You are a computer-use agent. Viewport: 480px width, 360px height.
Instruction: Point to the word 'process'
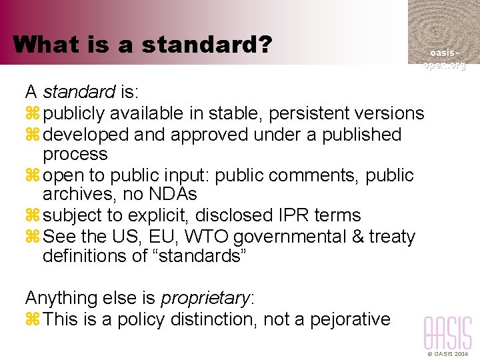pos(75,155)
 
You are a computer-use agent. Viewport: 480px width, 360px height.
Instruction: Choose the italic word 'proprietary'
pos(204,297)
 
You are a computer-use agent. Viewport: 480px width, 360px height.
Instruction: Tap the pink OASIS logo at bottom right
pos(447,333)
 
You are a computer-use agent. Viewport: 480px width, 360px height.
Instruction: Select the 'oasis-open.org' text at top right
pos(444,59)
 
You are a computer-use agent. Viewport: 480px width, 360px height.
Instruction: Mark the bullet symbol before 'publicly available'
pos(32,114)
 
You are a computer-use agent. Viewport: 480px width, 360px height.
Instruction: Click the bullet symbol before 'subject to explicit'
pos(32,216)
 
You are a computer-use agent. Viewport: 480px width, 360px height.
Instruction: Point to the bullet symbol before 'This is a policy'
pos(32,319)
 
